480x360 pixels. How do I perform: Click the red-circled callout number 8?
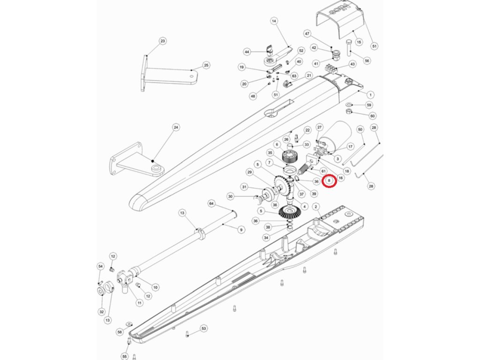click(x=329, y=180)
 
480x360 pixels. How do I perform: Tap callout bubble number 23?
click(x=163, y=41)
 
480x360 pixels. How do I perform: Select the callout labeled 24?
click(x=176, y=127)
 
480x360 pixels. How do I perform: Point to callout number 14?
click(x=274, y=21)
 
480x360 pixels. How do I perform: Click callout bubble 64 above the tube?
click(x=211, y=203)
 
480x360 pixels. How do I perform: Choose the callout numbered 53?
click(x=203, y=328)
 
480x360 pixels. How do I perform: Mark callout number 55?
click(x=124, y=357)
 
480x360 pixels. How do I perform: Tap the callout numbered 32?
click(x=102, y=312)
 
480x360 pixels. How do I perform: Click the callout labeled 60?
click(x=373, y=116)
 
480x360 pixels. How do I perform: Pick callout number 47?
click(x=307, y=34)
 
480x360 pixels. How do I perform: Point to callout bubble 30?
click(x=230, y=196)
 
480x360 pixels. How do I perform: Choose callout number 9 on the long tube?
click(x=241, y=230)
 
